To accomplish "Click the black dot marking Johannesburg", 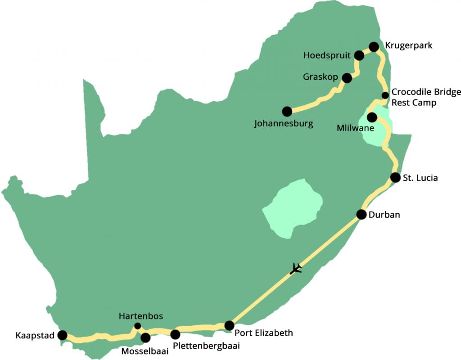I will (287, 111).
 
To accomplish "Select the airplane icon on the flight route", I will (296, 269).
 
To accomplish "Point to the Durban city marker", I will (361, 214).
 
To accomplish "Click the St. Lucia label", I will (420, 178).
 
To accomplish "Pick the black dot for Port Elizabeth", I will (229, 325).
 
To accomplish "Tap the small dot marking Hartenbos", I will (138, 326).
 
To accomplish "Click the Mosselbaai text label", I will (145, 351).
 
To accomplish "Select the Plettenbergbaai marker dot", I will (175, 334).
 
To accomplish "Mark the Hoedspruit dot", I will (359, 55).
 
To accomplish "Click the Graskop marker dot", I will (347, 78).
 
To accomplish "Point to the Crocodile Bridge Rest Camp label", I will (426, 97).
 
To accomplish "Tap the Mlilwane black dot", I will (372, 117).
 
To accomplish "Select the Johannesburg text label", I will (284, 123).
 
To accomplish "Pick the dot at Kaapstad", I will (63, 335).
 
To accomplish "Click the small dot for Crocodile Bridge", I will (385, 95).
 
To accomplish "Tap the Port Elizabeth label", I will (264, 333).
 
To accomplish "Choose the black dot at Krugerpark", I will (374, 46).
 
